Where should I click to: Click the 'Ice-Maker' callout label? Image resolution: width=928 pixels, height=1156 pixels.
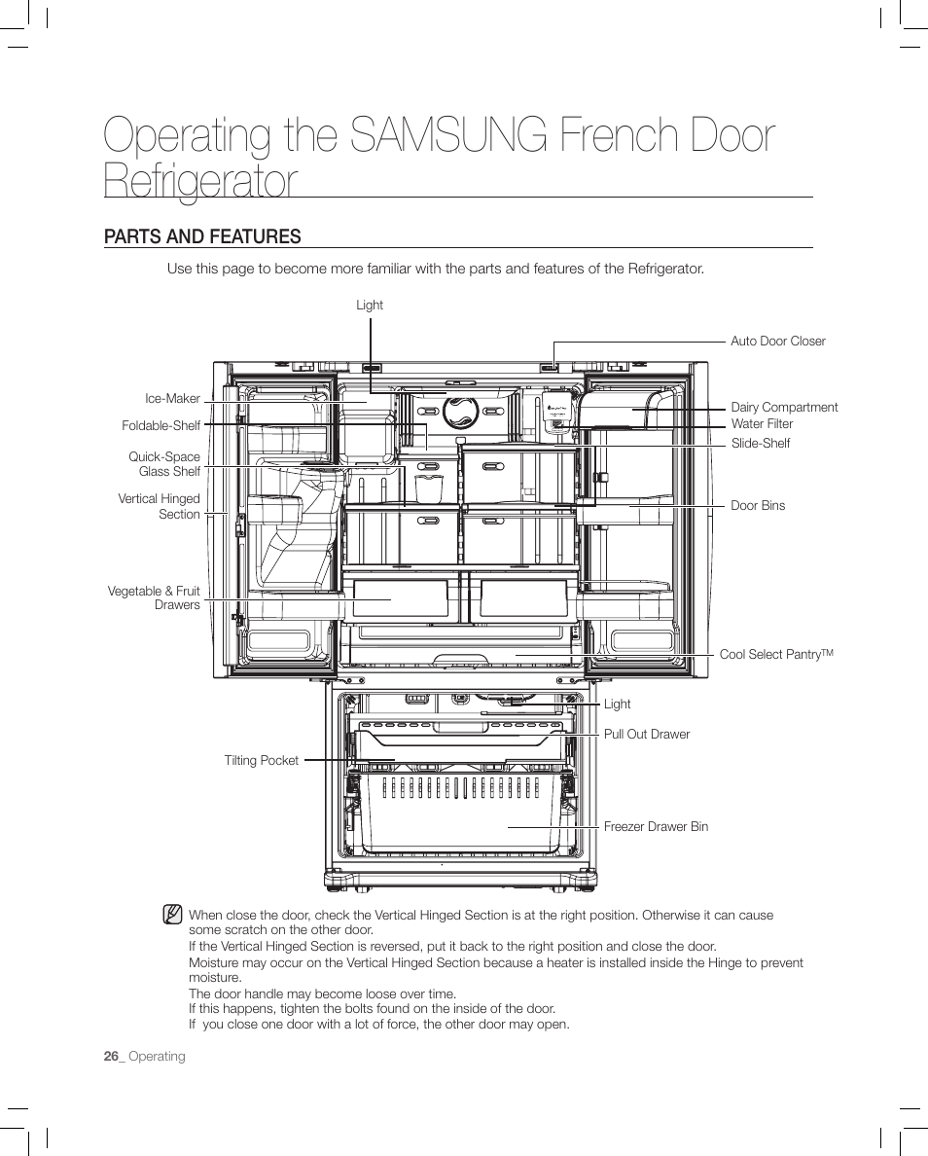(x=172, y=399)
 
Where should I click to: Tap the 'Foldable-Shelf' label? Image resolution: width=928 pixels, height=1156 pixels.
(x=161, y=426)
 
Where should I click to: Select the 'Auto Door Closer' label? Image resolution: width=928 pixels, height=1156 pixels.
(x=777, y=342)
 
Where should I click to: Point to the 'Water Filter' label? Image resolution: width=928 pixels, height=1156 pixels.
(x=762, y=424)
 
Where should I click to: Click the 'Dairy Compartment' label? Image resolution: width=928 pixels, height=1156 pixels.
(x=784, y=408)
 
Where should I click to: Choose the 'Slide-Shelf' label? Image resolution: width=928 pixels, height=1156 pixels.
(x=760, y=444)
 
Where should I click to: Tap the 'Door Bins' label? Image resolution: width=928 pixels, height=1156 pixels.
(x=758, y=506)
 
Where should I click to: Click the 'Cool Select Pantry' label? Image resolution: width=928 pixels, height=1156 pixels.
(x=776, y=655)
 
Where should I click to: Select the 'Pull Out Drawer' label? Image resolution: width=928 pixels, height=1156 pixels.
(x=646, y=735)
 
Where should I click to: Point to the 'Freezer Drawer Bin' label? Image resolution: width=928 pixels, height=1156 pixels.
(x=656, y=827)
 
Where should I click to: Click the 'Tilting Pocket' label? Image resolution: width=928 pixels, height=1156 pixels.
(x=261, y=761)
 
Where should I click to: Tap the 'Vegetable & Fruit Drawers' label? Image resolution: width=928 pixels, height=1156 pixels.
(x=154, y=598)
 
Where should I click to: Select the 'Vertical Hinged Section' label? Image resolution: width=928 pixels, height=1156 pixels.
(x=159, y=507)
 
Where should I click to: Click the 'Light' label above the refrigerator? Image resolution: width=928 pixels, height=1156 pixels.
(x=370, y=306)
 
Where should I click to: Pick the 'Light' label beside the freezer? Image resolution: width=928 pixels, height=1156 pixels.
(x=617, y=704)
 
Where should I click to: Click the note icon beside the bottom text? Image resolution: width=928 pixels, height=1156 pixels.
(x=172, y=915)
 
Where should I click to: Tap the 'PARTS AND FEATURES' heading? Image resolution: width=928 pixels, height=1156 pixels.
(x=202, y=236)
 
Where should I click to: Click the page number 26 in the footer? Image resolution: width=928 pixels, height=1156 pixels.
(x=112, y=1057)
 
